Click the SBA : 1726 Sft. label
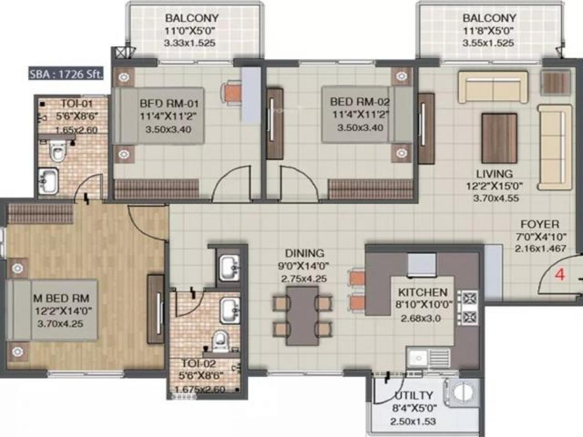[66, 74]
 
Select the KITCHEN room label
[423, 292]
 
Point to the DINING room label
[305, 253]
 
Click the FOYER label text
[540, 224]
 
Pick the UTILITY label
[414, 396]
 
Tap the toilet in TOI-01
[58, 151]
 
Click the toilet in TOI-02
[221, 341]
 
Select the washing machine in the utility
[463, 392]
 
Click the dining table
[302, 316]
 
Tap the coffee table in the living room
[499, 138]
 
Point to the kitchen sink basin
[418, 358]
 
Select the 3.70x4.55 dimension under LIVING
[496, 198]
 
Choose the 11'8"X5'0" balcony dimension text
[488, 31]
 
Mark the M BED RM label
[61, 298]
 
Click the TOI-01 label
[77, 103]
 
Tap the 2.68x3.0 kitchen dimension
[421, 318]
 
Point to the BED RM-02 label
[360, 101]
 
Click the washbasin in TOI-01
[48, 180]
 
